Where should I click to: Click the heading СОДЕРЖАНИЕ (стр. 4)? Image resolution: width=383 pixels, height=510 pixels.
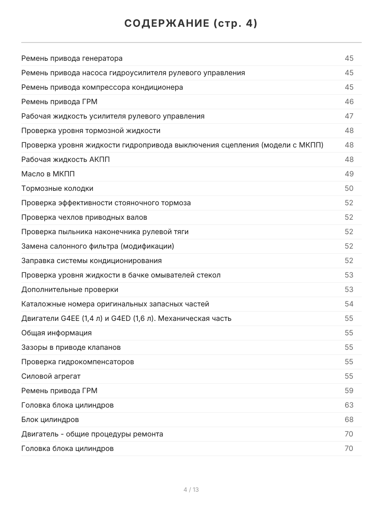191,24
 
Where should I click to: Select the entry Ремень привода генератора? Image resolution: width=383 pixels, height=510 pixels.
72,58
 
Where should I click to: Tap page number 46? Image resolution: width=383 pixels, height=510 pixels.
349,102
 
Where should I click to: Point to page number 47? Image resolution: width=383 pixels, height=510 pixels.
349,116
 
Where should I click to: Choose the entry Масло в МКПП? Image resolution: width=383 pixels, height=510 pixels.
45,174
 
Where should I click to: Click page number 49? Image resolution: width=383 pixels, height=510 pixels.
349,174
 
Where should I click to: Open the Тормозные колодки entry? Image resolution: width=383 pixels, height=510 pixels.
57,188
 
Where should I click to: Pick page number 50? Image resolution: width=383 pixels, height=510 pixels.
349,188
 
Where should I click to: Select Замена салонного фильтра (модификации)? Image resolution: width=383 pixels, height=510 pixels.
97,246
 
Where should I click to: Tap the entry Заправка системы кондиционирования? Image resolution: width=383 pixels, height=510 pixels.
91,261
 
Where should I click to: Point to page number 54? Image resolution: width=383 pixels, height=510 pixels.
349,304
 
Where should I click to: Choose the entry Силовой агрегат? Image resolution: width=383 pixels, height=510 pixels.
51,376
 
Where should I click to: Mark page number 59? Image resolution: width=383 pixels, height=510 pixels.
349,391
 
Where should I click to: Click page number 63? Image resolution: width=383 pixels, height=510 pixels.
349,405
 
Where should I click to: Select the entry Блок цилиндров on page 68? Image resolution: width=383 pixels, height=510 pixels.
50,419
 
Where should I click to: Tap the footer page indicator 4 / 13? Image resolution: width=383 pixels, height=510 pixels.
191,490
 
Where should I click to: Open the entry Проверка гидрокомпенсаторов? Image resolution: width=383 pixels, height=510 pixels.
77,362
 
